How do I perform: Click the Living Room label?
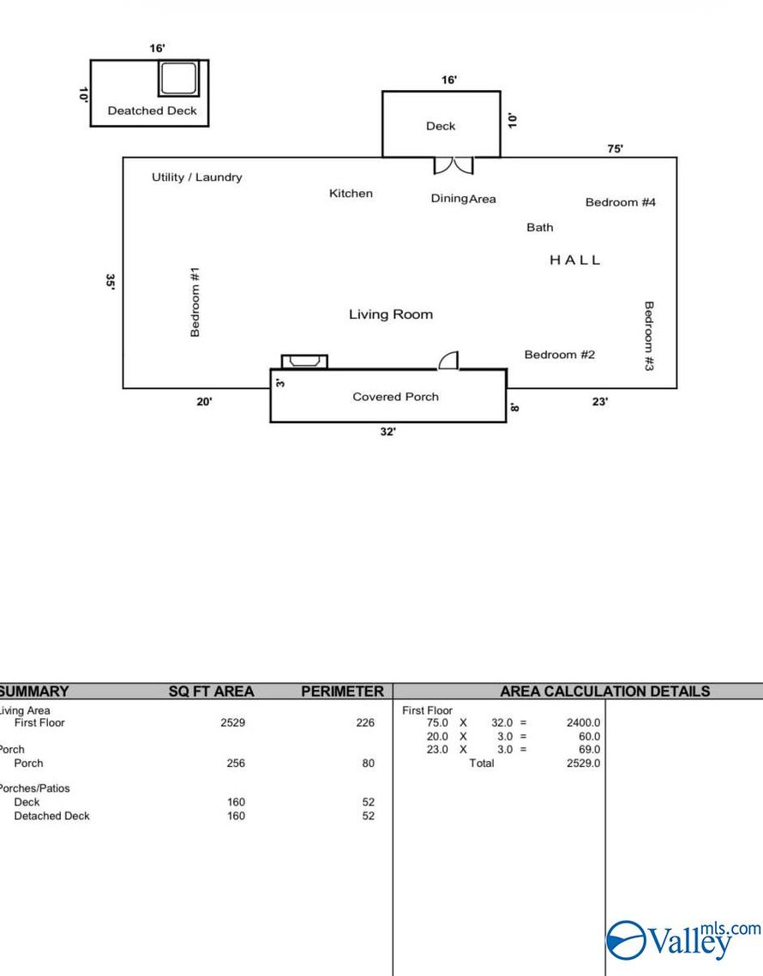point(390,314)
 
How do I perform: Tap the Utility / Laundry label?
point(196,177)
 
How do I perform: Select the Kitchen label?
point(351,194)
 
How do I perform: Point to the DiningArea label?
point(463,199)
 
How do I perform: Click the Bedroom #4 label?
point(620,202)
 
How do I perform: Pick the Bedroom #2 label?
point(559,355)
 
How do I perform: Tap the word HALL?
point(575,260)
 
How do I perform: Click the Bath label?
point(539,227)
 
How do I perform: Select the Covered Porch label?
point(395,397)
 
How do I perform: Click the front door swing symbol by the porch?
point(449,361)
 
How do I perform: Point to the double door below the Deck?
point(453,165)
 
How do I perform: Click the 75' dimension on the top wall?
point(615,148)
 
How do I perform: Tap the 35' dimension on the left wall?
point(110,282)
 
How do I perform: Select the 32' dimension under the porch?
point(388,432)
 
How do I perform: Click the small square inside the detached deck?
point(178,79)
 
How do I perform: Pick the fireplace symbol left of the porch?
point(304,362)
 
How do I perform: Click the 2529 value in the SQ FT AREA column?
point(232,722)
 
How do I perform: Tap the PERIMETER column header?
point(342,692)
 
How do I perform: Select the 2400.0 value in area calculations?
point(583,722)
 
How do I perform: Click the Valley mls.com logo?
point(683,940)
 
